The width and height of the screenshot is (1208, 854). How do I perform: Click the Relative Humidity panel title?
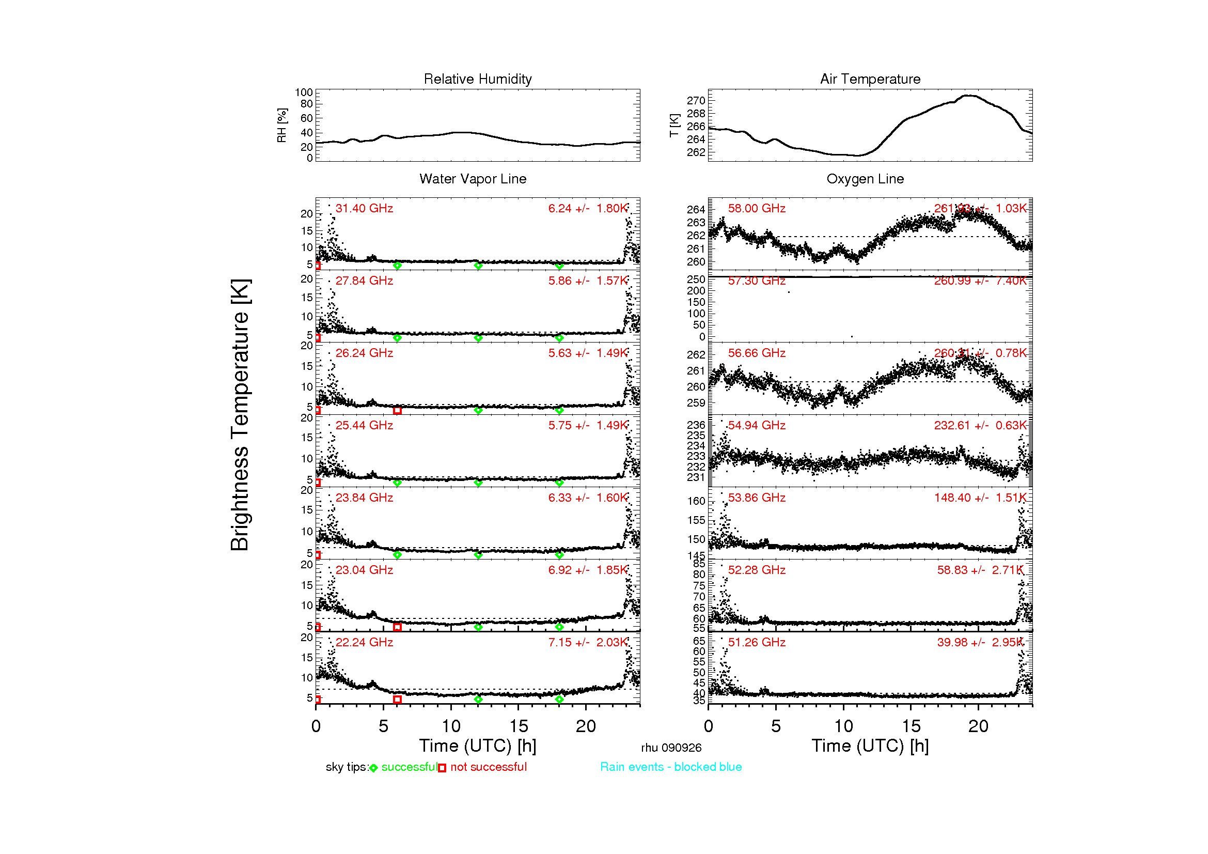point(477,79)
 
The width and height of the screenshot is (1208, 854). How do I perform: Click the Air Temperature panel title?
point(870,79)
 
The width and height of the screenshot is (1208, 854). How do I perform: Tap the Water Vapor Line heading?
point(473,179)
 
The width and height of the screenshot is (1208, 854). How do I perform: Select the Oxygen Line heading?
point(865,179)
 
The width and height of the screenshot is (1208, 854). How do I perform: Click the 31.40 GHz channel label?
point(364,208)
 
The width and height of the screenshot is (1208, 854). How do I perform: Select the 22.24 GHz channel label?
point(364,642)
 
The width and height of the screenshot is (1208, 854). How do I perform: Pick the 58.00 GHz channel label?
point(757,208)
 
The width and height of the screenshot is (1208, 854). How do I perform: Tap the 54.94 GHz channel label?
point(757,425)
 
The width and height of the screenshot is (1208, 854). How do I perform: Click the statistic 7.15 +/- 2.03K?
point(588,642)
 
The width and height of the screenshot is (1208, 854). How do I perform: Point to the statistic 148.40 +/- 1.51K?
point(980,497)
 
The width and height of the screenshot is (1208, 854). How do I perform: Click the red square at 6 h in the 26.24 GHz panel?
point(397,410)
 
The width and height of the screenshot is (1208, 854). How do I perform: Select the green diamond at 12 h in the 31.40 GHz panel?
point(478,266)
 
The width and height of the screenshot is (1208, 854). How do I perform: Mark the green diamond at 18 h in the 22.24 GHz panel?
point(559,700)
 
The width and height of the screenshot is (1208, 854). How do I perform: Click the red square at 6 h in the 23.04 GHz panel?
point(397,627)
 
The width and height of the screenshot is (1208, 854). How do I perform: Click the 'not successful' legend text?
point(488,767)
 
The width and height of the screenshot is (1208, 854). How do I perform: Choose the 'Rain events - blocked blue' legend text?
point(671,767)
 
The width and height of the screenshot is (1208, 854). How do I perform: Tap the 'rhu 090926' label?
point(671,748)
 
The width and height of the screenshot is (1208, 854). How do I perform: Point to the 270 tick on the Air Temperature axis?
point(696,101)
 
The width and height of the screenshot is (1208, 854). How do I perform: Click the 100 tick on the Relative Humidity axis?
point(304,92)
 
